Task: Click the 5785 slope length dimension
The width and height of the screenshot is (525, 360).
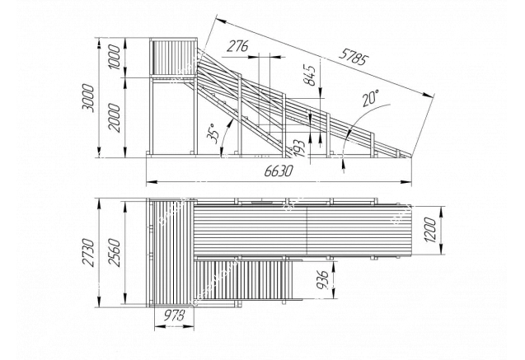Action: [x=354, y=57]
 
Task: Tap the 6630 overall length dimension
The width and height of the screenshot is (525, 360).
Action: [x=279, y=171]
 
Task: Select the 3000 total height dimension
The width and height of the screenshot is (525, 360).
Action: [x=88, y=98]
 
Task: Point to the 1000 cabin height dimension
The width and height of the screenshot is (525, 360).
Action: [x=115, y=57]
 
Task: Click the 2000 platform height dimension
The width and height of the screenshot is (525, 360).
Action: [x=115, y=118]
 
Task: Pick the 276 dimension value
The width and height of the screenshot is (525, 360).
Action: [x=237, y=46]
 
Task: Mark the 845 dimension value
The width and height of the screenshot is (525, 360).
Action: [x=310, y=75]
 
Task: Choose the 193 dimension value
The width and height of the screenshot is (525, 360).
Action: [x=299, y=148]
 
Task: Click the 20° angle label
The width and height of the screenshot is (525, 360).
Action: [x=370, y=98]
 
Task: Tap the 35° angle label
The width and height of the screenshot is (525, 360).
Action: [x=213, y=133]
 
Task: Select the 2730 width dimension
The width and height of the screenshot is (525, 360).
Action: [x=89, y=252]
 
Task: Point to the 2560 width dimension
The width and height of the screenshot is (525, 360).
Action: [x=115, y=252]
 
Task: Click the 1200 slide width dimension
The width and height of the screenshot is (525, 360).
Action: [x=430, y=230]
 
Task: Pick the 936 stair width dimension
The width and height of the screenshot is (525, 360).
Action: [x=322, y=280]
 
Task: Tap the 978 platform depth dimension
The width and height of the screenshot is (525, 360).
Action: [x=174, y=316]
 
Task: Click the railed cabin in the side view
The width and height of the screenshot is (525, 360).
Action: [x=173, y=57]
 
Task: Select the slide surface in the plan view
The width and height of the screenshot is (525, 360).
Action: [x=302, y=230]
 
